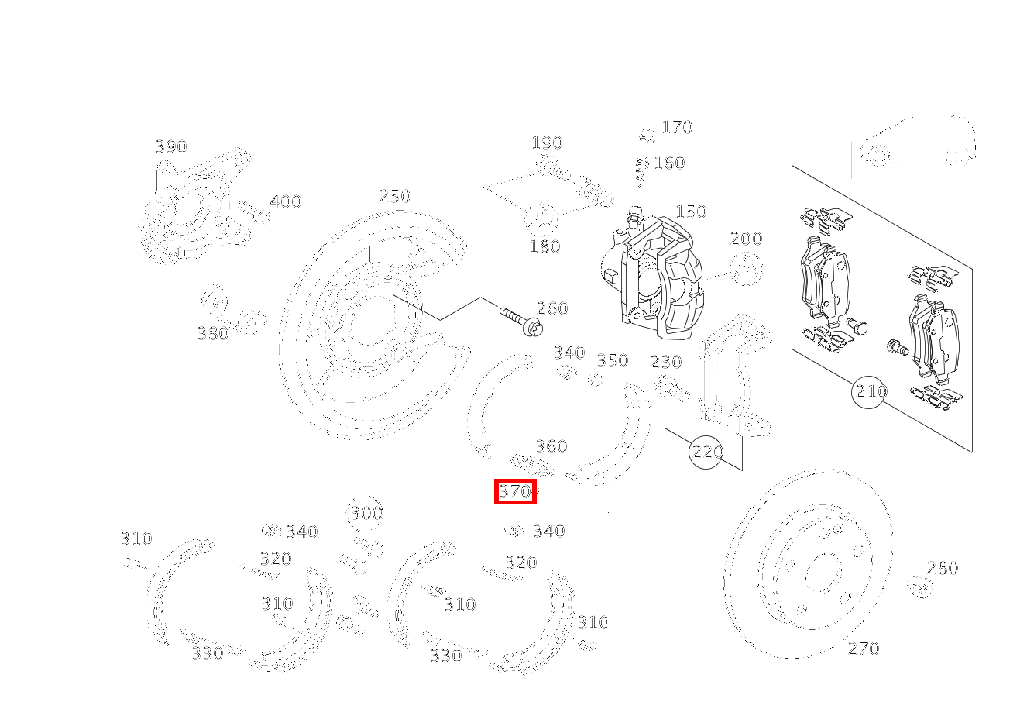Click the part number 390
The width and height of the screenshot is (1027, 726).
170,146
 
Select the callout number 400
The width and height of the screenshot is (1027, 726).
285,201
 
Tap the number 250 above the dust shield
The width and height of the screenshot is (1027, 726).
395,196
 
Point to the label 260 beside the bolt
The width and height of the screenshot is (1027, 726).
552,308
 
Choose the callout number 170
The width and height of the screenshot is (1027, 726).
677,127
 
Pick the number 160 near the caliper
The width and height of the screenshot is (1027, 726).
669,163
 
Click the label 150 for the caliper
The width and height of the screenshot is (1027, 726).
691,212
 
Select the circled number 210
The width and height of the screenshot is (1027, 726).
871,391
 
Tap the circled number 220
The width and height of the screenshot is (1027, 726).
706,451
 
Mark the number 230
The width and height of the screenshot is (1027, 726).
666,362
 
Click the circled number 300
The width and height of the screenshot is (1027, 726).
366,513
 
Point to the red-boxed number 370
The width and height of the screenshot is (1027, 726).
515,491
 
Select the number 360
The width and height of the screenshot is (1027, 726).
551,446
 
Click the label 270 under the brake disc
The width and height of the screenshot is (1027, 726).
864,649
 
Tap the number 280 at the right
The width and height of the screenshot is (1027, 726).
943,568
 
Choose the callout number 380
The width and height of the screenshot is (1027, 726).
213,333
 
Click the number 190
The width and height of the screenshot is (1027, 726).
547,143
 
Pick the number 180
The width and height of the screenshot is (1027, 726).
544,246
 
